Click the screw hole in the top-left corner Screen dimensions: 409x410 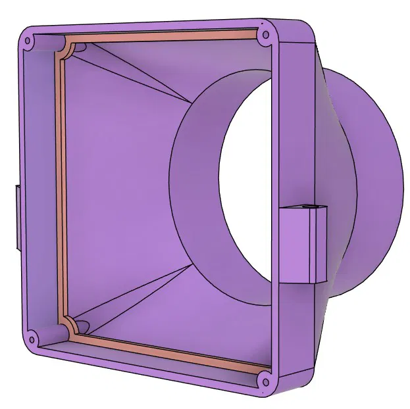[28, 41]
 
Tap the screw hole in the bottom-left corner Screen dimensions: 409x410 [31, 341]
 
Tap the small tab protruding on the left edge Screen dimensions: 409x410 [15, 217]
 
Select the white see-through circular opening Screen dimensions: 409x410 [247, 191]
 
